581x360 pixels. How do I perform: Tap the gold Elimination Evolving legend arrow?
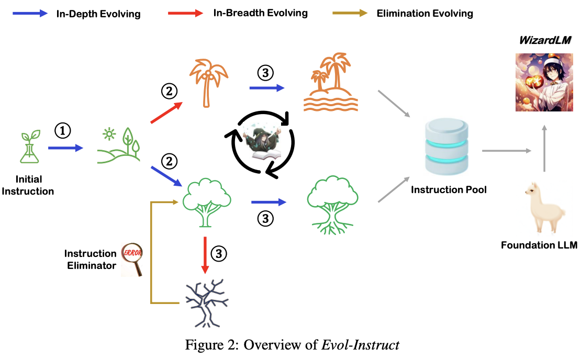[x=350, y=14]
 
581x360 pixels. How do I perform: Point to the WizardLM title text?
[x=544, y=40]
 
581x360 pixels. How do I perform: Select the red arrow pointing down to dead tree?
[x=204, y=255]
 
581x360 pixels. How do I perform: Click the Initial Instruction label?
[x=28, y=185]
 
